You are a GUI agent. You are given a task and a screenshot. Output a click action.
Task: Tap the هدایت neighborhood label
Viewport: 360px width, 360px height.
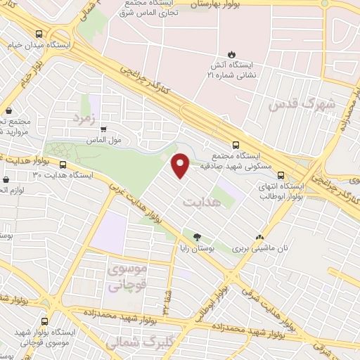201,201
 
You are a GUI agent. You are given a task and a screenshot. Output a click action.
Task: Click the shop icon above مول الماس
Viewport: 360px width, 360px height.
103,129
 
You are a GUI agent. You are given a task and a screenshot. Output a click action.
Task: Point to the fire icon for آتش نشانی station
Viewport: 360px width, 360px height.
231,55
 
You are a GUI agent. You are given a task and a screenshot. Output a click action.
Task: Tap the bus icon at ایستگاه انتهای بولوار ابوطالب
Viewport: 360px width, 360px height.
281,176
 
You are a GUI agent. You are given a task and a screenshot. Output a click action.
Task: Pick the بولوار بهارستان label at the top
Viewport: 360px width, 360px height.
220,4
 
